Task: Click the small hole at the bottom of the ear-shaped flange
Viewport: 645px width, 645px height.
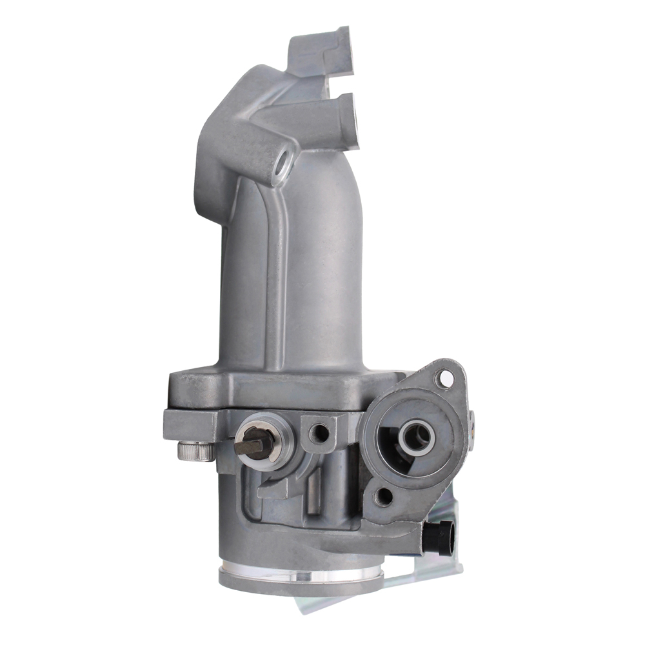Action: coord(384,496)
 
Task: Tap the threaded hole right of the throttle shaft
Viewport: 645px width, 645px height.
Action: coord(319,433)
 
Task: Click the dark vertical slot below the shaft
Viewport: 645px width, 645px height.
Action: coord(314,493)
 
